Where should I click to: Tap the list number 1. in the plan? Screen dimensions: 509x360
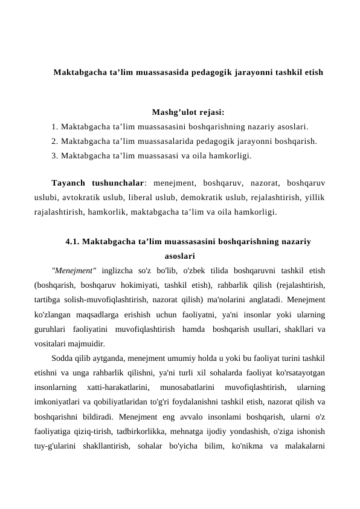coord(55,127)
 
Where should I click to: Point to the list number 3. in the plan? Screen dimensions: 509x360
coord(55,156)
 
